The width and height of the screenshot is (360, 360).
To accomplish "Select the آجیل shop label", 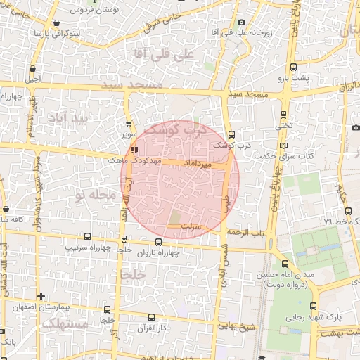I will tap(33, 79).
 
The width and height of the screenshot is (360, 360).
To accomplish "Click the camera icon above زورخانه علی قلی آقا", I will tap(242, 22).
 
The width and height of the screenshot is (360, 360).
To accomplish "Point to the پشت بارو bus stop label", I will tap(292, 78).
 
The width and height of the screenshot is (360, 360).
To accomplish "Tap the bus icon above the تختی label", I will tap(283, 114).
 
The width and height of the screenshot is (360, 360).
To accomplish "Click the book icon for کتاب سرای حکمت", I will tap(283, 146).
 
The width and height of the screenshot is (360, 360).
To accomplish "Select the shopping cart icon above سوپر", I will tap(128, 124).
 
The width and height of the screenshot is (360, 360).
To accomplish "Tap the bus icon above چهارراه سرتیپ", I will tap(87, 237).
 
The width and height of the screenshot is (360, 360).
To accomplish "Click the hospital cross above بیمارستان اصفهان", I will tap(41, 296).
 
